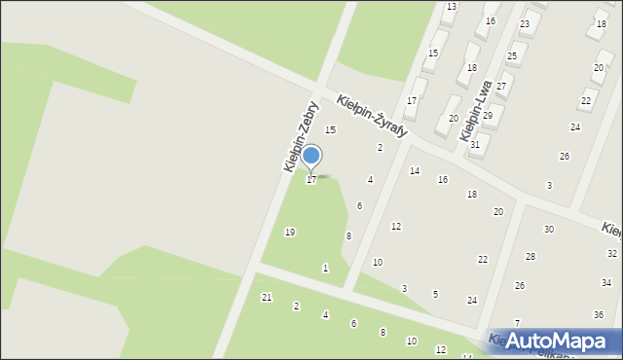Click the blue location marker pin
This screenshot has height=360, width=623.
pyautogui.click(x=311, y=157)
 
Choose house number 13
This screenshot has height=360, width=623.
pyautogui.click(x=451, y=7)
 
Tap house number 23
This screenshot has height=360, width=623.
pyautogui.click(x=525, y=23)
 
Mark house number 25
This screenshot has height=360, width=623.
pyautogui.click(x=512, y=56)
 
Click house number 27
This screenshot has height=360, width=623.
pyautogui.click(x=500, y=86)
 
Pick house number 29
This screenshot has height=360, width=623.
pyautogui.click(x=488, y=115)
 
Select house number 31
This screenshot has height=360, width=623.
pyautogui.click(x=475, y=144)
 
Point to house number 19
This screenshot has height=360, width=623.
pyautogui.click(x=289, y=232)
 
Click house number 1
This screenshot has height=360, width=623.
pyautogui.click(x=325, y=268)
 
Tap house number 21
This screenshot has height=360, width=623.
pyautogui.click(x=267, y=297)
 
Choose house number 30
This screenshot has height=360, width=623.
pyautogui.click(x=549, y=229)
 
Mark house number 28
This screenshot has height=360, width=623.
pyautogui.click(x=531, y=256)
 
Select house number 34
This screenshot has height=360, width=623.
pyautogui.click(x=605, y=282)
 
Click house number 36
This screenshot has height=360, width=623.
pyautogui.click(x=599, y=314)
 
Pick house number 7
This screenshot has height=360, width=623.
pyautogui.click(x=517, y=323)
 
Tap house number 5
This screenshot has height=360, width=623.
pyautogui.click(x=435, y=294)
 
